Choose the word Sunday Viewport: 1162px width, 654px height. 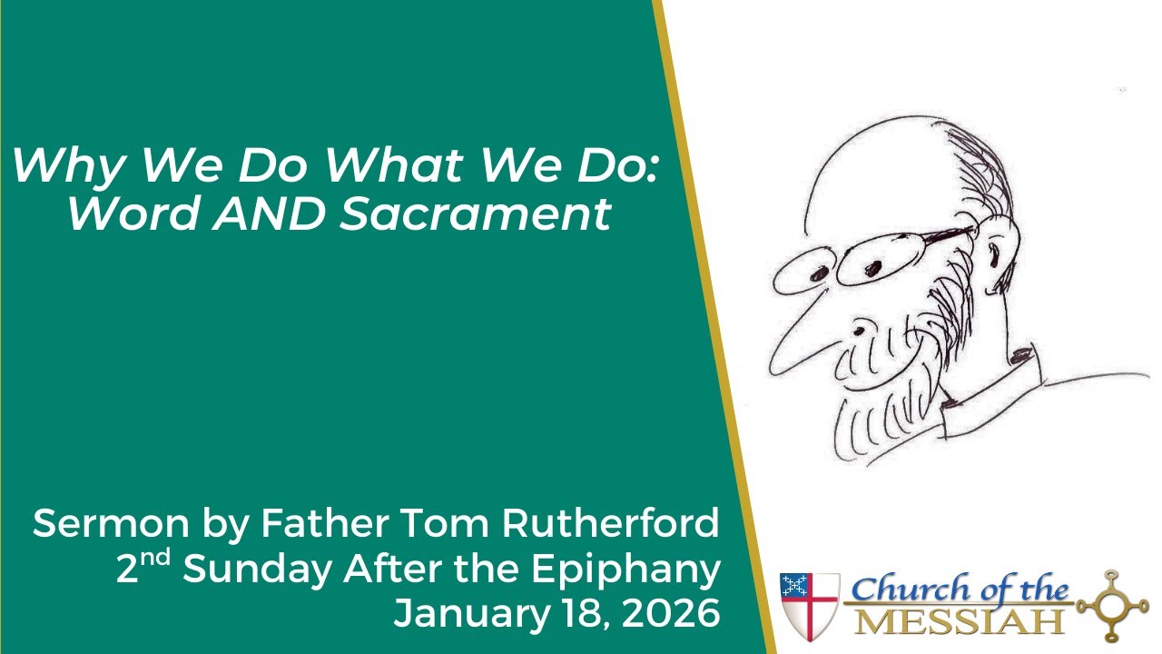point(257,570)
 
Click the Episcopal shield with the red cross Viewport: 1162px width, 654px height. point(810,605)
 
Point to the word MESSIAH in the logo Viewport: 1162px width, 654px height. point(961,622)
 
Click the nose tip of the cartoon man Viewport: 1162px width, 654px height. point(778,367)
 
